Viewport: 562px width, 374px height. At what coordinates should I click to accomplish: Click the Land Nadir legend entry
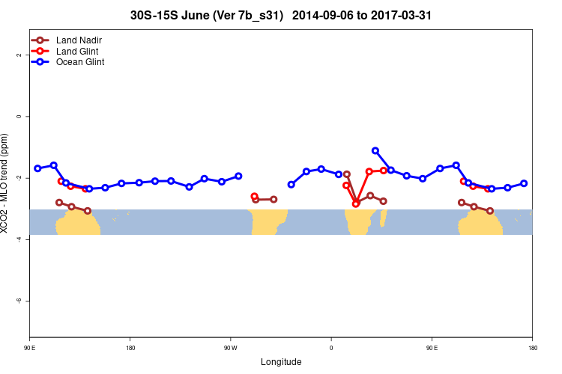[x=79, y=40]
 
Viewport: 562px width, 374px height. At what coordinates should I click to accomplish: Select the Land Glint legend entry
[x=77, y=51]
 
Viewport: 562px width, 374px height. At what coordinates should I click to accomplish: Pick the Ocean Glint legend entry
[x=79, y=62]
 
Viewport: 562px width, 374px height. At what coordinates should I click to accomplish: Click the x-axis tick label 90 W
[x=230, y=348]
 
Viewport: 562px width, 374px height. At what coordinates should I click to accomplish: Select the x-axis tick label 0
[x=331, y=348]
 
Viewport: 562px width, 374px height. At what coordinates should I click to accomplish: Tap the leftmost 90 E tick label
[x=30, y=348]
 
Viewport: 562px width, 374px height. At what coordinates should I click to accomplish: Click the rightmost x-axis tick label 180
[x=532, y=348]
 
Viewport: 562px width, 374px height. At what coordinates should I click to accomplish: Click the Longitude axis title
[x=281, y=362]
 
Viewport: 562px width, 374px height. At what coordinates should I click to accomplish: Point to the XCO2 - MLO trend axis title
[x=6, y=183]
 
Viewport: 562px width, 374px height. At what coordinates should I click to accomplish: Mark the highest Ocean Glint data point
[x=375, y=151]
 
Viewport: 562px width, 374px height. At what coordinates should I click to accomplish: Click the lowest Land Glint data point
[x=356, y=203]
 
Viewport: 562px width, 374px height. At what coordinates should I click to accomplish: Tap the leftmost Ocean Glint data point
[x=37, y=168]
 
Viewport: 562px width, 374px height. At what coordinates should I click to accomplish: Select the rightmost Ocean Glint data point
[x=524, y=183]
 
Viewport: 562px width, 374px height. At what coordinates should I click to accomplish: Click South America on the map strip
[x=268, y=220]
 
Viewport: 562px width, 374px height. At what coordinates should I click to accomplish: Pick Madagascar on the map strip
[x=383, y=218]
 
